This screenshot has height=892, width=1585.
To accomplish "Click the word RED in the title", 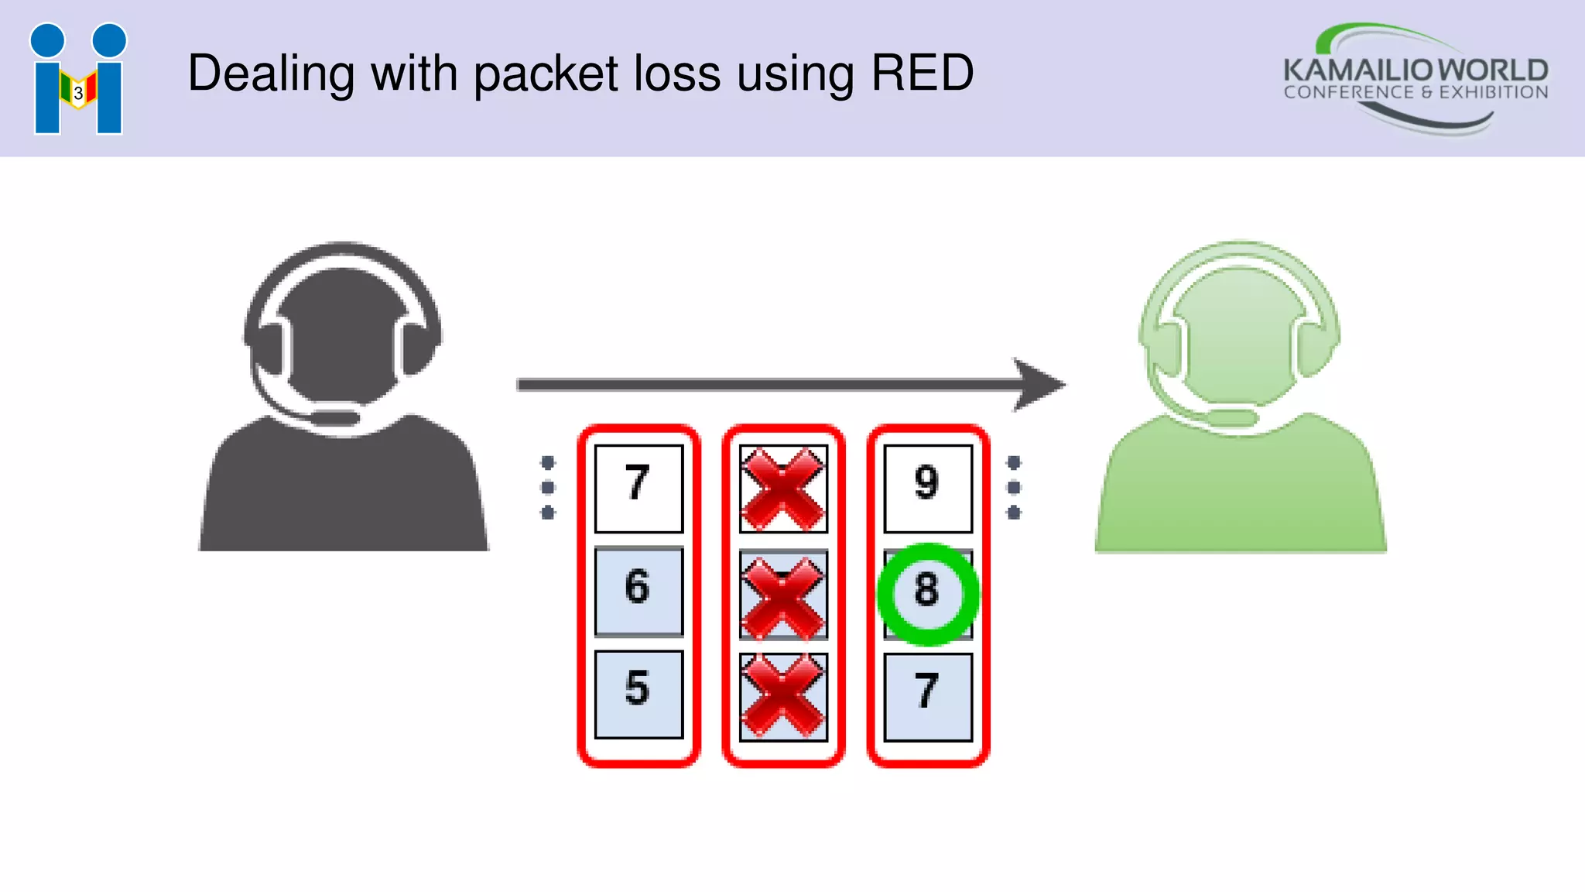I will [x=922, y=74].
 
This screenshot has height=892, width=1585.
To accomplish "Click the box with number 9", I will [x=927, y=488].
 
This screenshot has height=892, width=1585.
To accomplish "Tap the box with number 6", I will [x=638, y=591].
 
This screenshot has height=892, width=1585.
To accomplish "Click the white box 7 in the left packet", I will [x=638, y=488].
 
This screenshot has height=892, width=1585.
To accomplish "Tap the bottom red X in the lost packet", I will [x=782, y=695].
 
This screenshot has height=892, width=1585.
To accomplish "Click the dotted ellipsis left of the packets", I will [x=548, y=487].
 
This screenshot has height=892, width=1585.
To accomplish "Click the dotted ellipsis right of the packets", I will [x=1014, y=487].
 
